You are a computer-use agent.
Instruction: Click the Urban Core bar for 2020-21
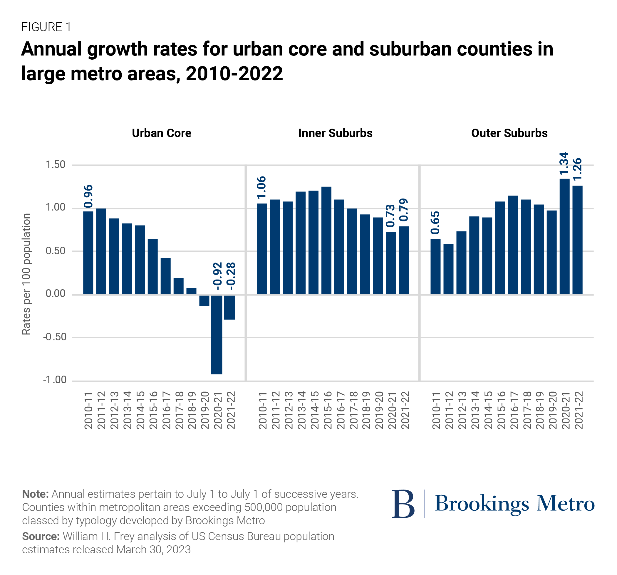[217, 334]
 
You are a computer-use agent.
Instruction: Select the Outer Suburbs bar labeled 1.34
[564, 236]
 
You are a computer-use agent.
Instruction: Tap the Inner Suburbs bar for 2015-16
[326, 240]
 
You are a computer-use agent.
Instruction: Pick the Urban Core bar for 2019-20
[204, 300]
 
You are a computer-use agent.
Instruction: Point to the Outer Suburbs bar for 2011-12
[448, 269]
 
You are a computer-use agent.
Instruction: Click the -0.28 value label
[231, 276]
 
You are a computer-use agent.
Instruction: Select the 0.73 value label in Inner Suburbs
[390, 216]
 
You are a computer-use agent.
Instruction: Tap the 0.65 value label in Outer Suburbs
[435, 223]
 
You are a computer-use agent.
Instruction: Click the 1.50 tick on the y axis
[56, 165]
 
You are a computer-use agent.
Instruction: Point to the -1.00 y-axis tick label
[55, 380]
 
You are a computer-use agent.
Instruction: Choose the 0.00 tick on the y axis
[56, 294]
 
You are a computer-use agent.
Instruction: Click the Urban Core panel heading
[161, 133]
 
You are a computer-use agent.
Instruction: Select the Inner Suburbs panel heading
[335, 133]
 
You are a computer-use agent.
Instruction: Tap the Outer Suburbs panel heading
[509, 133]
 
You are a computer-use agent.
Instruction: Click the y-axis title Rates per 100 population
[26, 274]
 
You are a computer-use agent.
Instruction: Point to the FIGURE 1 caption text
[46, 27]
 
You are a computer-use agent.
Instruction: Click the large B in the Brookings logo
[403, 504]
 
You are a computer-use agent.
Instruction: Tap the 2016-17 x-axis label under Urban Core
[166, 410]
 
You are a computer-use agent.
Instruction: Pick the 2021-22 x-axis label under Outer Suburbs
[579, 410]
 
